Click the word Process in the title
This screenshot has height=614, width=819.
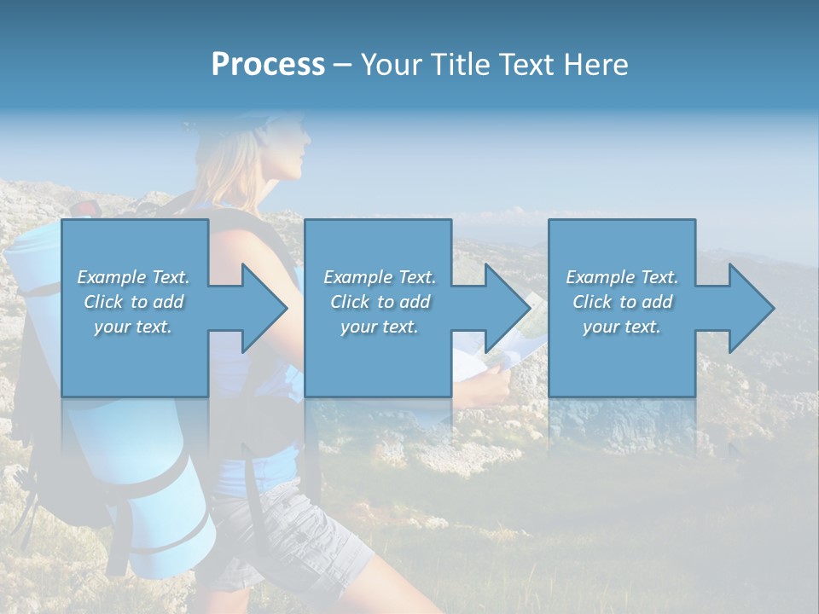click(268, 65)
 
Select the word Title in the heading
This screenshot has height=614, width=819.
click(460, 65)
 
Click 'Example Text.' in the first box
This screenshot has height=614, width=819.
click(134, 277)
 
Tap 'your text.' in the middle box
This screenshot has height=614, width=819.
click(379, 327)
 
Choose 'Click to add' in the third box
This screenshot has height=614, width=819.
click(622, 302)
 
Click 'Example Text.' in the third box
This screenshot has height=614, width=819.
click(622, 277)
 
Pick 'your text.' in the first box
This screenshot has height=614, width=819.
click(134, 327)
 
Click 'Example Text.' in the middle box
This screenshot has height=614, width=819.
click(379, 277)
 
